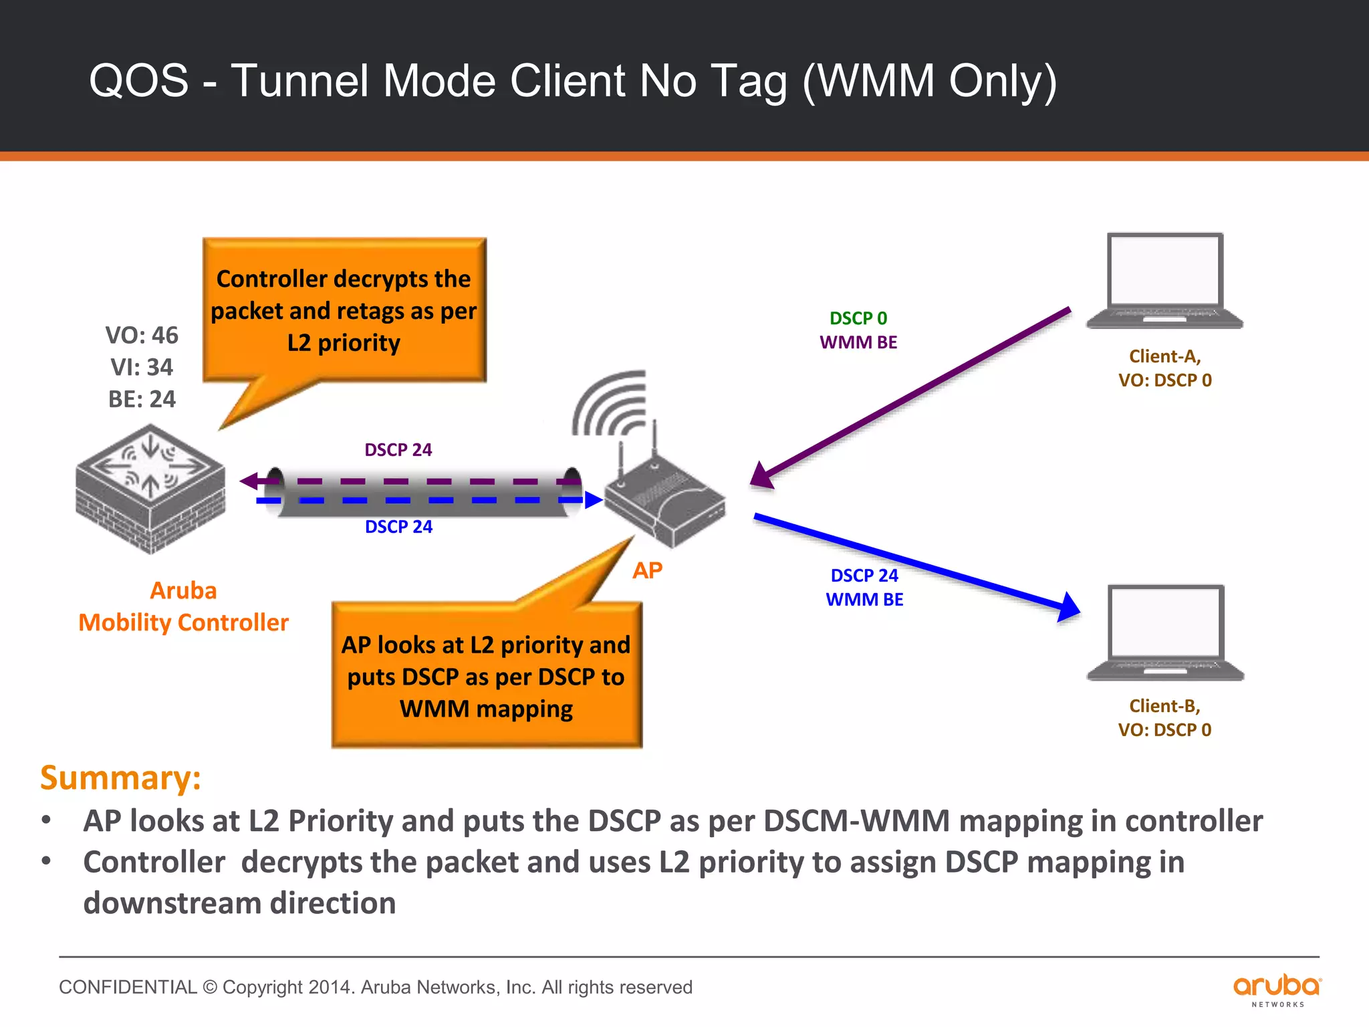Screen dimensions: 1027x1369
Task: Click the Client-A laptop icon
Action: [1164, 281]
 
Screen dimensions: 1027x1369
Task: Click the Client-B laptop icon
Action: [1166, 633]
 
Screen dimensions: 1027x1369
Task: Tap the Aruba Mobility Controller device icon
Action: [150, 489]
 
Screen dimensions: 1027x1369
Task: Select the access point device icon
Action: [666, 498]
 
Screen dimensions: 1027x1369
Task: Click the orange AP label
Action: [647, 570]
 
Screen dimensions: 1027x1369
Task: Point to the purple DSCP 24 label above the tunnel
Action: [398, 449]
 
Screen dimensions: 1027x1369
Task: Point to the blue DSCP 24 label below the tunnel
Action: [398, 527]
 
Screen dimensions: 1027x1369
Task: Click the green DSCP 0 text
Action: [858, 318]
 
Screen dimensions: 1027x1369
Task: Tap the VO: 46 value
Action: [142, 335]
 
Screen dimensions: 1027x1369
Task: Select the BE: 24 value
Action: [142, 399]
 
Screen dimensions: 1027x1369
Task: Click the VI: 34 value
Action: [142, 367]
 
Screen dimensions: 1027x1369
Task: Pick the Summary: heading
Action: [121, 778]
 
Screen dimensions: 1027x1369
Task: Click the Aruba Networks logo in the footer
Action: [1277, 989]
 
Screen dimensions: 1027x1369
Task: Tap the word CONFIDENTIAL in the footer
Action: [128, 987]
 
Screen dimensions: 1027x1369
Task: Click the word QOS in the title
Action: [139, 81]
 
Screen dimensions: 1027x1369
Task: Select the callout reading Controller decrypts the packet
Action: [344, 310]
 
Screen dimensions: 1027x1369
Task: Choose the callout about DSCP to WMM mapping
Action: [487, 676]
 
